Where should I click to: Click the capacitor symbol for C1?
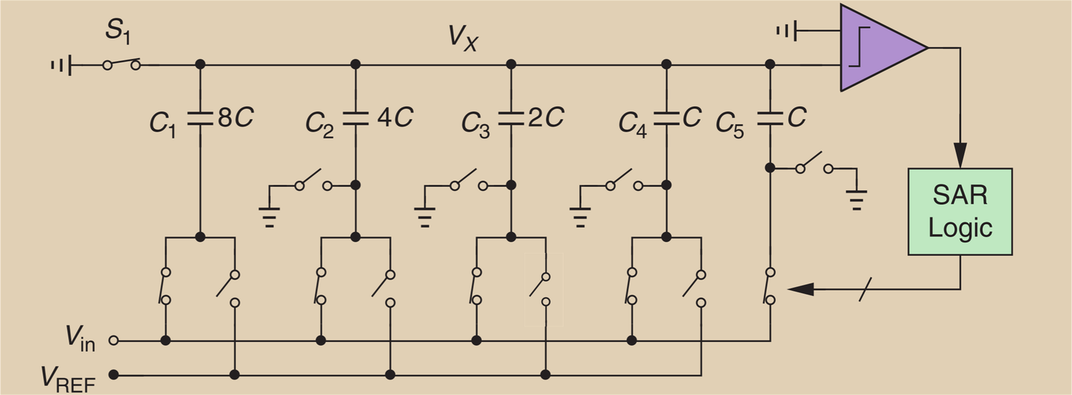[x=200, y=119]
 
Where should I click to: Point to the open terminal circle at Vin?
[x=113, y=341]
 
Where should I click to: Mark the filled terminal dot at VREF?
[x=113, y=373]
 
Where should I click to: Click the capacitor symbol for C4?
[x=664, y=119]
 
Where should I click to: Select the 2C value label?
[x=549, y=118]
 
